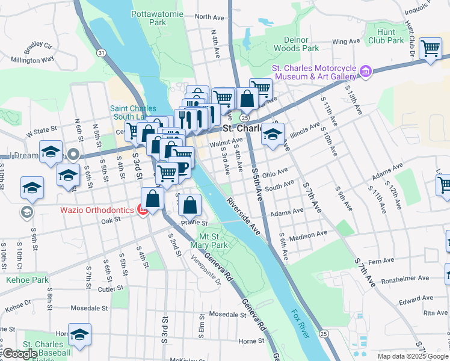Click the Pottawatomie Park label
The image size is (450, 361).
pos(149,17)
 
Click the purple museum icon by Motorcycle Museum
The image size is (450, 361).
pos(364,72)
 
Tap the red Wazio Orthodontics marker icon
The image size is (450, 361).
pos(143,210)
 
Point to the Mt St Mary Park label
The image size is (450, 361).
pos(209,241)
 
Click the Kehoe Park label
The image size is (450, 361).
pos(27,280)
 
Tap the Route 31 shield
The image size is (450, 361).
pos(101,53)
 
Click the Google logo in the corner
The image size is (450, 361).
pos(20,354)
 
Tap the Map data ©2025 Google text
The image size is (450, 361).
pos(413,356)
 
